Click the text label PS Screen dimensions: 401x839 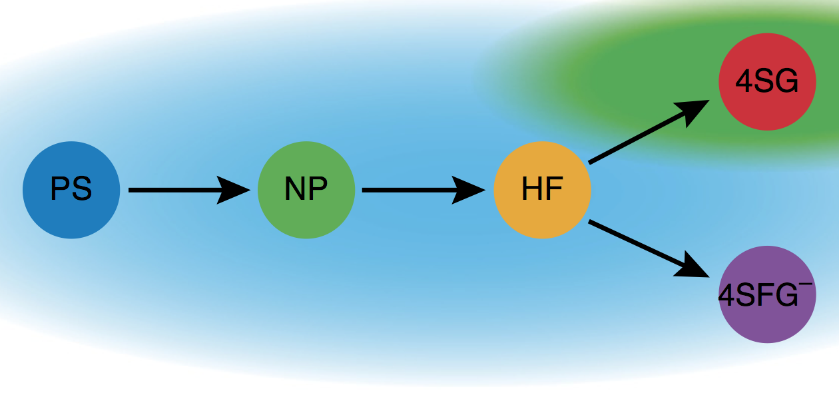(x=71, y=190)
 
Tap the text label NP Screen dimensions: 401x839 (x=306, y=190)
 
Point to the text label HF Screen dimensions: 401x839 (x=542, y=190)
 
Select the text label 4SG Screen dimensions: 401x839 (x=767, y=82)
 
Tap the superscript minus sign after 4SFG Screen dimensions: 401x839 (x=806, y=283)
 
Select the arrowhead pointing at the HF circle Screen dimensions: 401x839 (x=469, y=190)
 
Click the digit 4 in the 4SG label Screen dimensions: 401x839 (x=743, y=82)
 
